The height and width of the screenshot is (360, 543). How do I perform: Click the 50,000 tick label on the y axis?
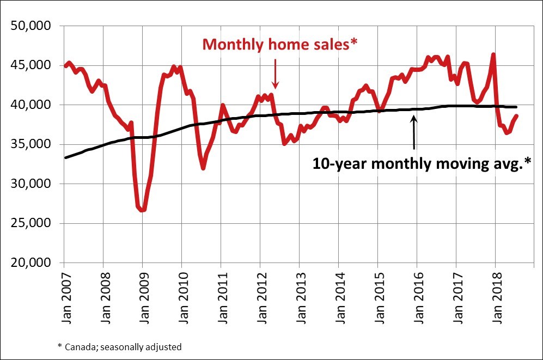(x=30, y=26)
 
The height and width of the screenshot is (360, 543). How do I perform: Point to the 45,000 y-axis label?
(x=30, y=65)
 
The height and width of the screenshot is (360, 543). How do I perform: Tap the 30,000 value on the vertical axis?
(x=30, y=184)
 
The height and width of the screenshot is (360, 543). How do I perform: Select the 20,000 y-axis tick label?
(x=30, y=263)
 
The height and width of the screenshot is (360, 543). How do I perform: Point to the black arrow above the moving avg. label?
(x=414, y=131)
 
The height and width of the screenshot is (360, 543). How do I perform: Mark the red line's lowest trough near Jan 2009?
(x=143, y=210)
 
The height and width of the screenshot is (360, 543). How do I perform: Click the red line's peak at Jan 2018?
(x=493, y=54)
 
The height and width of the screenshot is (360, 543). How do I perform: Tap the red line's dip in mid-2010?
(x=203, y=168)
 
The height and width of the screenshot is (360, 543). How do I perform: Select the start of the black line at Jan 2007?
(x=65, y=157)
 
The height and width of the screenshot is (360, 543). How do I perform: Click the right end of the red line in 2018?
(x=517, y=115)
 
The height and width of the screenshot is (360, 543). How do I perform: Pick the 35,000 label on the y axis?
(x=30, y=144)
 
